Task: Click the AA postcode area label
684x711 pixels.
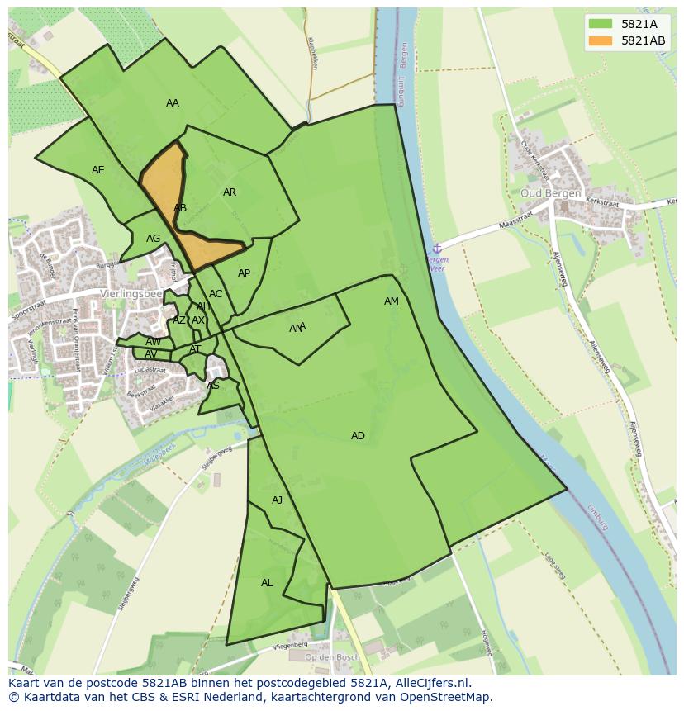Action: point(172,103)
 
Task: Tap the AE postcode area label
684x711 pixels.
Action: point(97,170)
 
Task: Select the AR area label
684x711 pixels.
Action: point(230,192)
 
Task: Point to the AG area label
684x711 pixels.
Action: point(153,239)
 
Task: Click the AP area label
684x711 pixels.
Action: point(244,273)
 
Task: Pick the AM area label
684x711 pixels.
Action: point(392,301)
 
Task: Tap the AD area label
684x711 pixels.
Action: point(358,436)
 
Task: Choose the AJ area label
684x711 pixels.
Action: point(278,500)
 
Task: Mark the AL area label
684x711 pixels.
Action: point(267,583)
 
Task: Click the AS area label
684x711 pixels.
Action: point(213,386)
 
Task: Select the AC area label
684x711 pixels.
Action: point(216,294)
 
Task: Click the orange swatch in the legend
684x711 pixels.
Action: point(601,40)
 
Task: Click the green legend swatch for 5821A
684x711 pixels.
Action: point(601,24)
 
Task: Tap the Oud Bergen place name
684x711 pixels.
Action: point(551,193)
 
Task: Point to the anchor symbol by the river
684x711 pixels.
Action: point(437,248)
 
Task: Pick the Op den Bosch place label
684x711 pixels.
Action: point(333,658)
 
